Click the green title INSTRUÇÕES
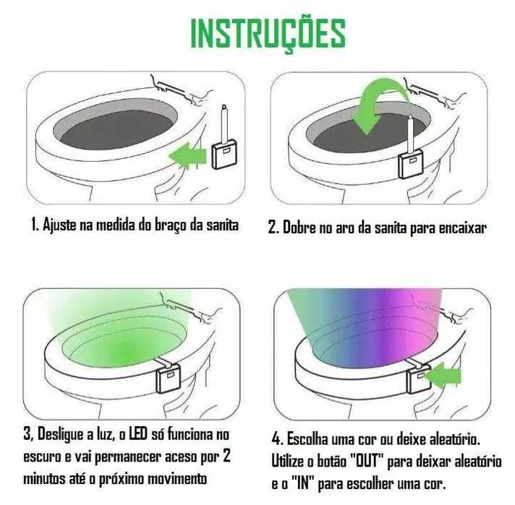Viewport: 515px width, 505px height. pos(267,33)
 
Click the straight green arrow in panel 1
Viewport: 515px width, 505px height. pos(187,155)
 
